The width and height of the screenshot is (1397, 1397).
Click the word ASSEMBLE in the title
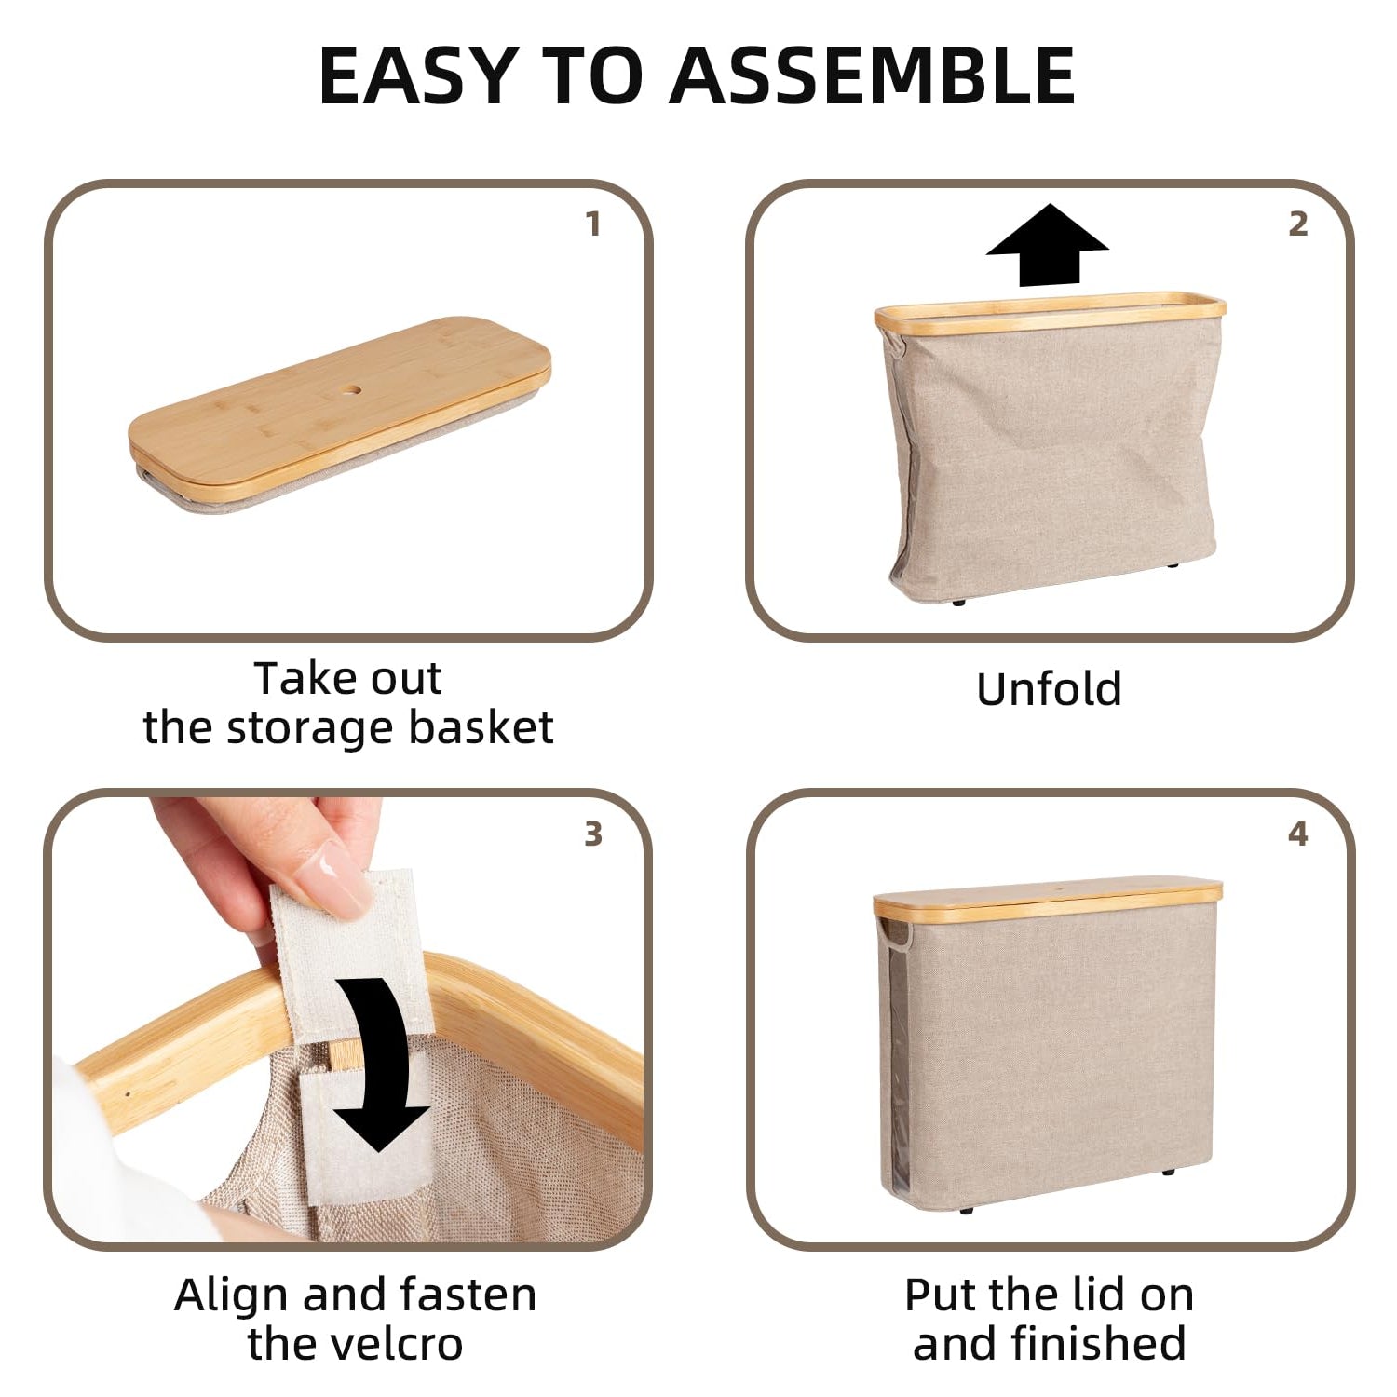coord(873,75)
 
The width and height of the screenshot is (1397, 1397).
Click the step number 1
coord(593,224)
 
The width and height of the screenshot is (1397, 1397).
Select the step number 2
coord(1298,224)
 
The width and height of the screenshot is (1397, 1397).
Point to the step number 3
coord(593,834)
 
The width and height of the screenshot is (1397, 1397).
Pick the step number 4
coord(1298,834)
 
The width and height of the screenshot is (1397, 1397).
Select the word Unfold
coord(1049,689)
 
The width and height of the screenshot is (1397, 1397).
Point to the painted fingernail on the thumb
coord(332,876)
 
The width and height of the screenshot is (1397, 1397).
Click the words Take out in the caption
coord(348,678)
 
